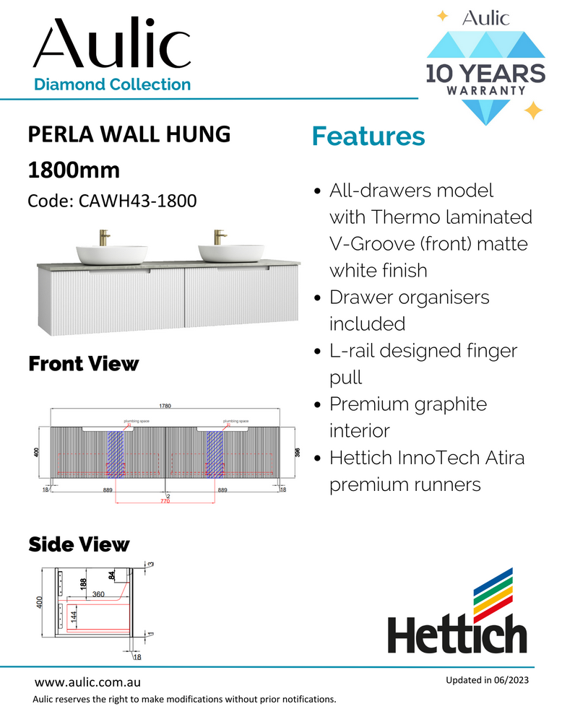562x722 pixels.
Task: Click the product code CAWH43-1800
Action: (x=112, y=200)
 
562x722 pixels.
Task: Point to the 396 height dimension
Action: (x=296, y=452)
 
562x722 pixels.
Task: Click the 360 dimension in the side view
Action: (x=99, y=594)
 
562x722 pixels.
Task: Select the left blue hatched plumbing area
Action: (x=116, y=455)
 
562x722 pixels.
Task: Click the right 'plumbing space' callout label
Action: (x=235, y=419)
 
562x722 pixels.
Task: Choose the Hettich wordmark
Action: (x=457, y=633)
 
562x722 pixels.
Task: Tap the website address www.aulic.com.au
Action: (x=87, y=682)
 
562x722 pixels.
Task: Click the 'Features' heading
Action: (x=368, y=136)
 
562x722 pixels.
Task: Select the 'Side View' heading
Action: (x=79, y=544)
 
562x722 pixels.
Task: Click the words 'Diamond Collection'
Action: (x=113, y=84)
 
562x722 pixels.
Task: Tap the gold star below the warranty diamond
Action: (x=532, y=110)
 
